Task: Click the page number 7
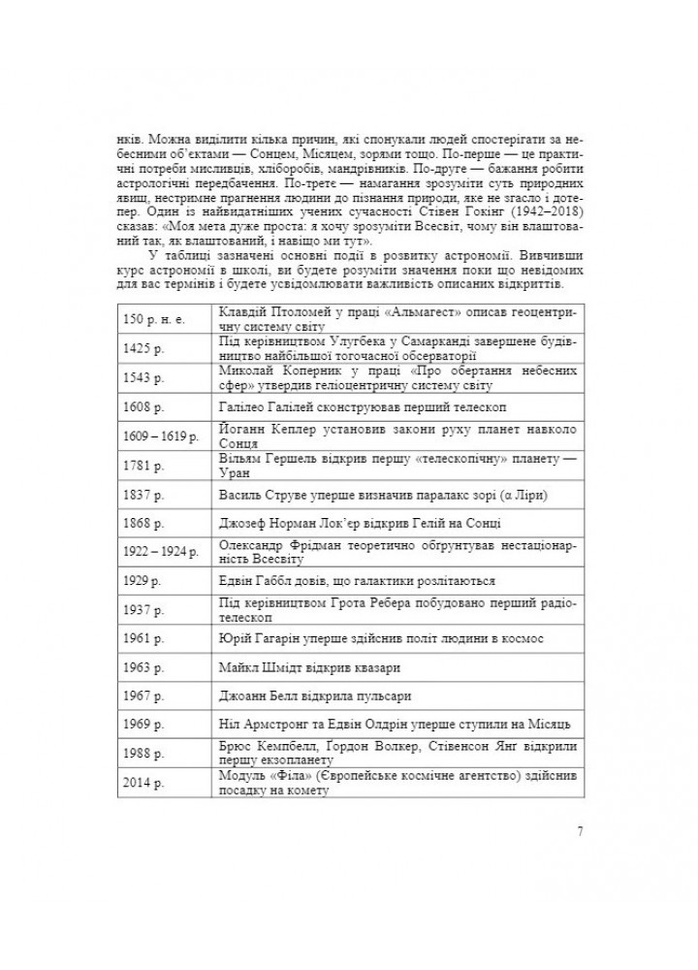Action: click(579, 831)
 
